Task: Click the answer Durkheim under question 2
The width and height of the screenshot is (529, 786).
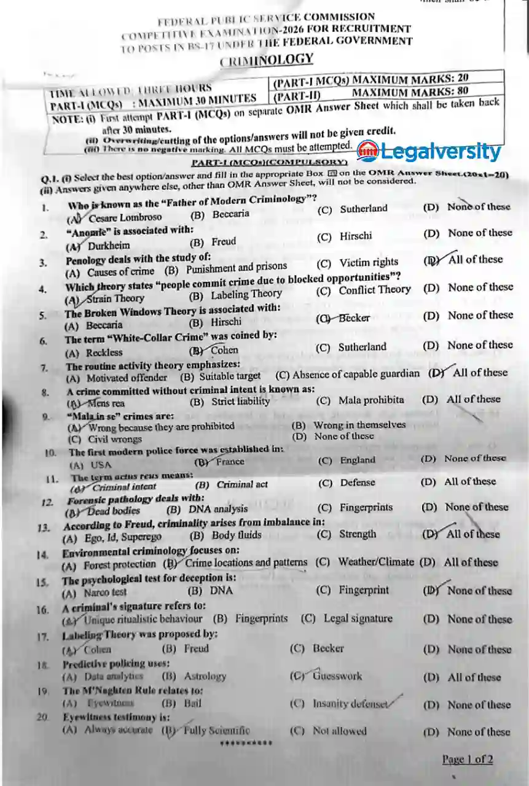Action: tap(109, 246)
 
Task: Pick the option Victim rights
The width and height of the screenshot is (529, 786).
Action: tap(369, 262)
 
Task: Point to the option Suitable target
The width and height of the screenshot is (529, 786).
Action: tap(229, 376)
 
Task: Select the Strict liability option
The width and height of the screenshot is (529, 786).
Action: tap(240, 402)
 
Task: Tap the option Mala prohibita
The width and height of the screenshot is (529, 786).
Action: tap(371, 400)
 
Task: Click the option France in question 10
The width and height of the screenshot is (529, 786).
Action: tap(230, 462)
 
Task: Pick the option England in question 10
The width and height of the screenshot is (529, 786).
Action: tap(358, 460)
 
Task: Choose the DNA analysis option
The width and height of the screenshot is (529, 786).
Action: tap(218, 508)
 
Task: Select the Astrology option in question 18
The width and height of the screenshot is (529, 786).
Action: tap(205, 676)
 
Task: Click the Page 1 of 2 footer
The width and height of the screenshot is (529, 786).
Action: tap(467, 760)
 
